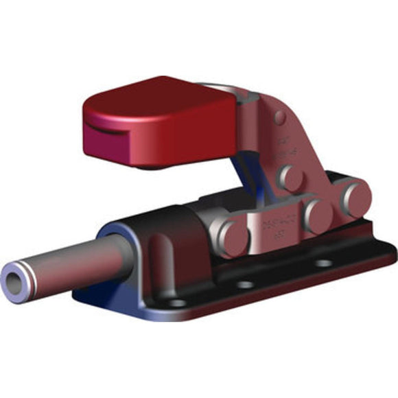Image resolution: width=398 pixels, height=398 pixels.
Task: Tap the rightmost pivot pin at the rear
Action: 355,197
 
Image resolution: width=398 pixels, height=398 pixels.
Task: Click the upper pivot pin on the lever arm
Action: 292,178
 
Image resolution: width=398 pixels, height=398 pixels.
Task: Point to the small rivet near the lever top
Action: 279,117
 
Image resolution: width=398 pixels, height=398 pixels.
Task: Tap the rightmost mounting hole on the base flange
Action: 323,262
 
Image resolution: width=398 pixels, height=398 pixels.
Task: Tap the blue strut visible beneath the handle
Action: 241,172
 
